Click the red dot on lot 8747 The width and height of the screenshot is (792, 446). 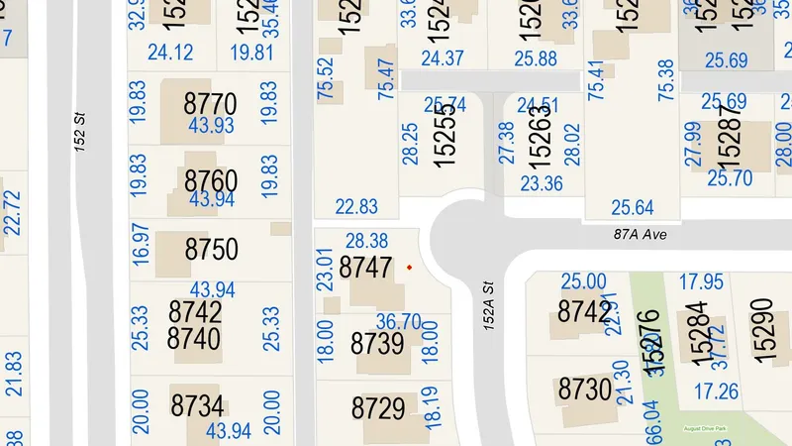[x=409, y=267]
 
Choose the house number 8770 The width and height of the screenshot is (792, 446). [x=211, y=103]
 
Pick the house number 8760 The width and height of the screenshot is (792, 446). [x=211, y=180]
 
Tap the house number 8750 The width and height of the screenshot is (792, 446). [x=211, y=249]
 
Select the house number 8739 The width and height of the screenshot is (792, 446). [x=377, y=344]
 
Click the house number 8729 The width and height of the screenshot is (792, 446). [x=377, y=408]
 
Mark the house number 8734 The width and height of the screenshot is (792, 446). [x=197, y=405]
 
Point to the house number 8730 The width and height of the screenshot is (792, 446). [x=584, y=388]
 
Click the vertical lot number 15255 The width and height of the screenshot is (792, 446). [x=445, y=136]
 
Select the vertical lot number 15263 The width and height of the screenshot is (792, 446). [x=540, y=136]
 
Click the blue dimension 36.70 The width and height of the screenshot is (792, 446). [x=399, y=321]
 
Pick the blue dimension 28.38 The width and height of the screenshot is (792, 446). [x=367, y=241]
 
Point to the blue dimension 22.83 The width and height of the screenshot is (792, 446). [x=356, y=206]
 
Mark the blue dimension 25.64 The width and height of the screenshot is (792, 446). [x=632, y=207]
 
